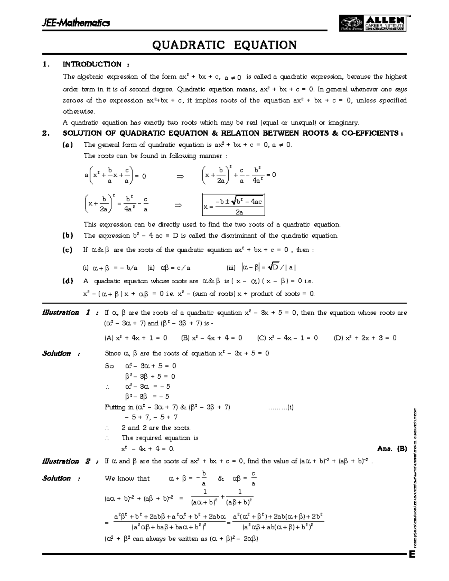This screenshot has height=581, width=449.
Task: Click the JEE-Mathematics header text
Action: tap(76, 23)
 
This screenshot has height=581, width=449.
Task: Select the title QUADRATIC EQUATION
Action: tap(224, 45)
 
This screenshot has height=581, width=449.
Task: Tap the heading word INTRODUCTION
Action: tap(92, 64)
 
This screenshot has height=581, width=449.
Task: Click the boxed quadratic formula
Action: tap(233, 205)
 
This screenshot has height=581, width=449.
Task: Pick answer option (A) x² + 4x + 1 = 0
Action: tap(136, 338)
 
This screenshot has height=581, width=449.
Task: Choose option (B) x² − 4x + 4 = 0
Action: tap(211, 338)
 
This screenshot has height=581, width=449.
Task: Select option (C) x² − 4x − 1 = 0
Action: tap(287, 338)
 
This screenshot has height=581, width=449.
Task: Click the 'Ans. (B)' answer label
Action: tap(392, 449)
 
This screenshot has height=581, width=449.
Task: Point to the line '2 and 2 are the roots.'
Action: tap(156, 428)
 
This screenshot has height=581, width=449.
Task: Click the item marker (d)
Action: tap(67, 281)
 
